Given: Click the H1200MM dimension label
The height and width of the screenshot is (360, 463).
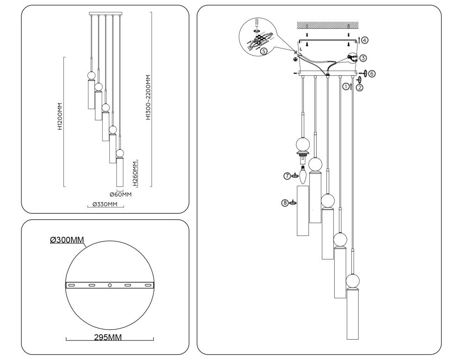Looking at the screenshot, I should point(60,116).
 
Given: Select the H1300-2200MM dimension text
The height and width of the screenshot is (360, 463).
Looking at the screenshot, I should point(148,97).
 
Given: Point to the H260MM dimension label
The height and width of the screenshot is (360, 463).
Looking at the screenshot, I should point(135,173).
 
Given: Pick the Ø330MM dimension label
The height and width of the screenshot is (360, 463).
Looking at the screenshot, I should point(104,204).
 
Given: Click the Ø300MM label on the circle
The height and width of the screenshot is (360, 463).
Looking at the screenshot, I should point(67,240).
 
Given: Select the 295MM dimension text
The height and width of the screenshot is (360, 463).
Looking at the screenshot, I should point(108,337).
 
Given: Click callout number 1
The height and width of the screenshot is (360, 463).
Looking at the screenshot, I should point(345,86).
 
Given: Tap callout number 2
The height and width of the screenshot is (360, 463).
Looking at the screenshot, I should point(359,88).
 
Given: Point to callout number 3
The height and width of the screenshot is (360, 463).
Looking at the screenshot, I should point(363,58).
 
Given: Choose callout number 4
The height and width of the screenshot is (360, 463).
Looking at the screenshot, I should point(365,40).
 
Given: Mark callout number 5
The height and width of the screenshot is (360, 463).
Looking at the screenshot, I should point(263,51).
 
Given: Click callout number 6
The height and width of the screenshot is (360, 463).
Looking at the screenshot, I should point(372,73).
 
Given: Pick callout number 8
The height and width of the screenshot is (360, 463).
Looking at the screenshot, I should point(285,202).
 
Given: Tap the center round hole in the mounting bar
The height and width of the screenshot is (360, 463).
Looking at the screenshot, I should point(110,286).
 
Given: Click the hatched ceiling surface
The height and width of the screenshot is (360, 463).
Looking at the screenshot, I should point(328,24).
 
